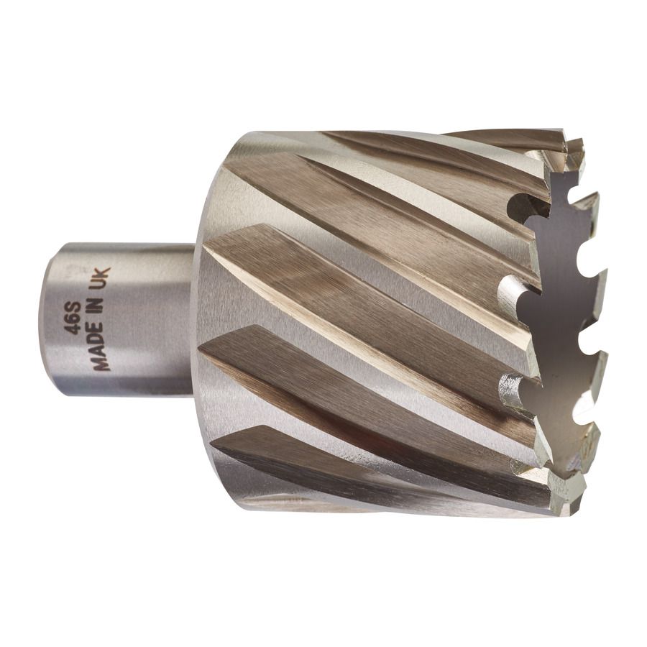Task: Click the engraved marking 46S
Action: (x=72, y=318)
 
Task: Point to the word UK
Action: (x=101, y=278)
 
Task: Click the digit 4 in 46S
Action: (x=72, y=330)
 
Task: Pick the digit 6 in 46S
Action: (x=72, y=318)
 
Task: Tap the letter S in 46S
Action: (x=72, y=308)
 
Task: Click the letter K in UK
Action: (x=101, y=272)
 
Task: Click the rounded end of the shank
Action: (x=45, y=320)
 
